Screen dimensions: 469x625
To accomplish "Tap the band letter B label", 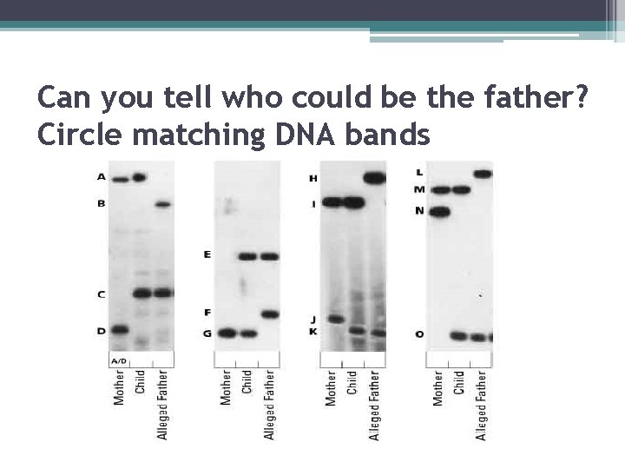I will [x=101, y=204].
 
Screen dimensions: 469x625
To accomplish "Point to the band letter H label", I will [x=313, y=179].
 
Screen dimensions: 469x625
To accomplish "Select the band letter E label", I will [x=207, y=255].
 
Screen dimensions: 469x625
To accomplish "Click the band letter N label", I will [x=419, y=211].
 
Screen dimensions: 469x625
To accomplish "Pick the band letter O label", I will [x=420, y=334].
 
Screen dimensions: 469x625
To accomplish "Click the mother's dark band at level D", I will [x=118, y=329].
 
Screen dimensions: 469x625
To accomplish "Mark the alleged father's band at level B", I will [x=162, y=205].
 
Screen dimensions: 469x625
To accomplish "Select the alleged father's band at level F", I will [x=269, y=314].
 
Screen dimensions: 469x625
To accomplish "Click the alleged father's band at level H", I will [x=375, y=178].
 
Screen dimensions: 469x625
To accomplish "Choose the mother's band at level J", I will [x=333, y=319].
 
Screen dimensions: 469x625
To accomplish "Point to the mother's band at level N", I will [x=440, y=211].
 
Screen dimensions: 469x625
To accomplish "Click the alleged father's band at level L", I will [x=483, y=174].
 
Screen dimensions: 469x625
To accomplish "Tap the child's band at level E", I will [x=248, y=256].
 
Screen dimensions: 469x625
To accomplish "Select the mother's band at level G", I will [x=227, y=333].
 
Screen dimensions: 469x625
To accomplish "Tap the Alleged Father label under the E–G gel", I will [x=269, y=404].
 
